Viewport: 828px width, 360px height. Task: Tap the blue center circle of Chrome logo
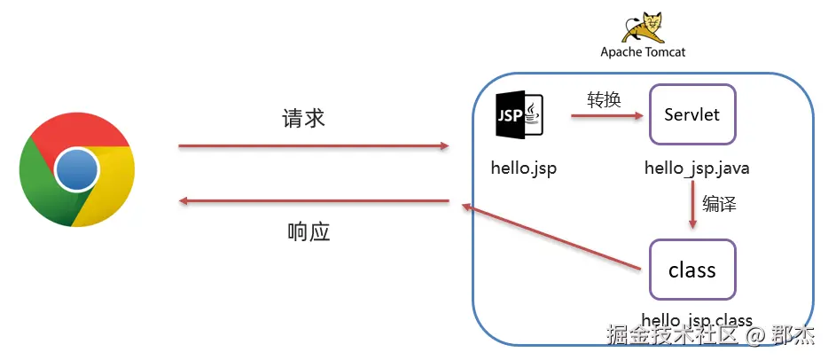click(77, 169)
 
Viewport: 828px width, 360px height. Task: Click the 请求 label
click(304, 119)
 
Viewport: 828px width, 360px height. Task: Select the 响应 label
click(309, 232)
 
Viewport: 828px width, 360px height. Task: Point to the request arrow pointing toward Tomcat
click(314, 145)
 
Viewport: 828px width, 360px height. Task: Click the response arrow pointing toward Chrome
click(314, 201)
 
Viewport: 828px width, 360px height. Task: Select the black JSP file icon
click(519, 114)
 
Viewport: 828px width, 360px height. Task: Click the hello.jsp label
click(523, 168)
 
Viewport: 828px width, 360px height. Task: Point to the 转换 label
click(604, 99)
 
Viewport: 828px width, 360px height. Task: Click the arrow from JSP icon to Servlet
click(606, 114)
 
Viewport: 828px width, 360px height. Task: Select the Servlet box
click(692, 114)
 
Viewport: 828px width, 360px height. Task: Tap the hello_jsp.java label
click(690, 168)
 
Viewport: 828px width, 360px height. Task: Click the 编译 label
click(719, 203)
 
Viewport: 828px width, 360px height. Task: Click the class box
click(692, 270)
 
